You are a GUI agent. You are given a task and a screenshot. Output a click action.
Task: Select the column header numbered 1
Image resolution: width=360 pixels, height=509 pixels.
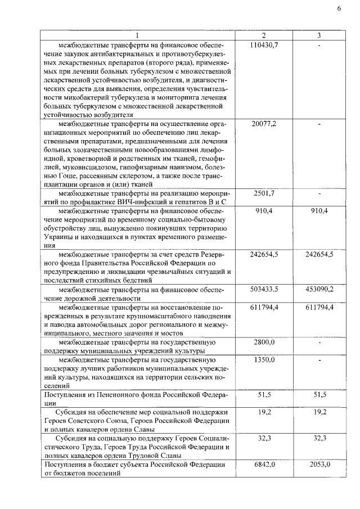coord(137,35)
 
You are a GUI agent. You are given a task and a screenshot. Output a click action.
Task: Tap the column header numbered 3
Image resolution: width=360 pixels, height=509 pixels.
coord(318,35)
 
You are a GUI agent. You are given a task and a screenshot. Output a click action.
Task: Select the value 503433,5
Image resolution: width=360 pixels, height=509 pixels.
coord(263,289)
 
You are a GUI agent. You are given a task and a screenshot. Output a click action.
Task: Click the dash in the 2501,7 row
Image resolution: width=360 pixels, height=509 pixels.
coord(319,193)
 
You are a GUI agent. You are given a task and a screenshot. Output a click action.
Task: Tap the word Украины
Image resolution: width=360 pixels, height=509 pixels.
coord(59,237)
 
